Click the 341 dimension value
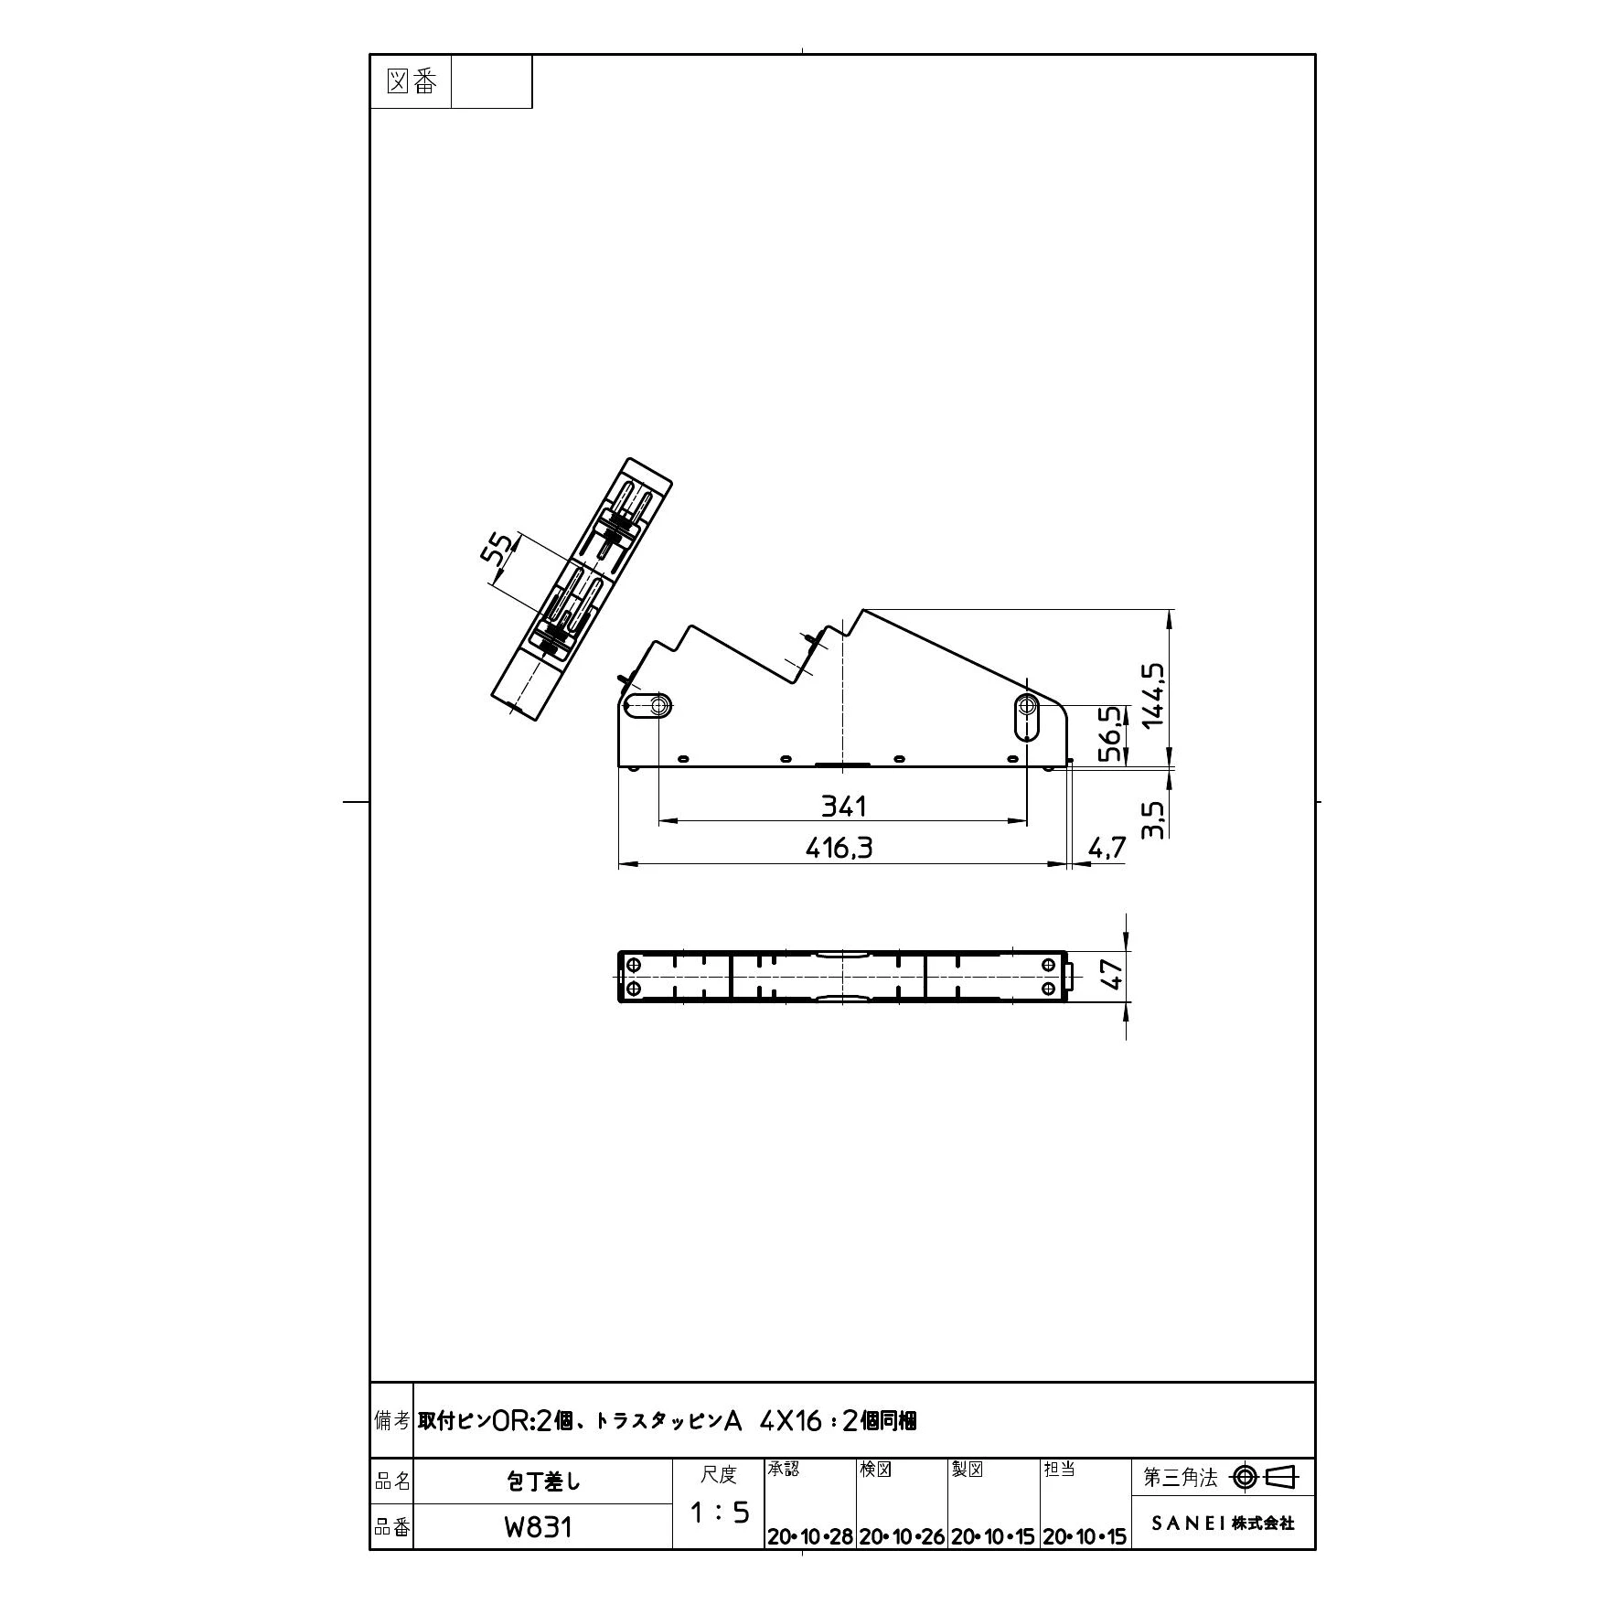click(x=843, y=806)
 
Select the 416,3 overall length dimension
click(x=839, y=849)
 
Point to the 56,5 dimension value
click(x=1109, y=733)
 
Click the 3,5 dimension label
click(x=1153, y=819)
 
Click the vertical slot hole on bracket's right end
click(x=1027, y=718)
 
